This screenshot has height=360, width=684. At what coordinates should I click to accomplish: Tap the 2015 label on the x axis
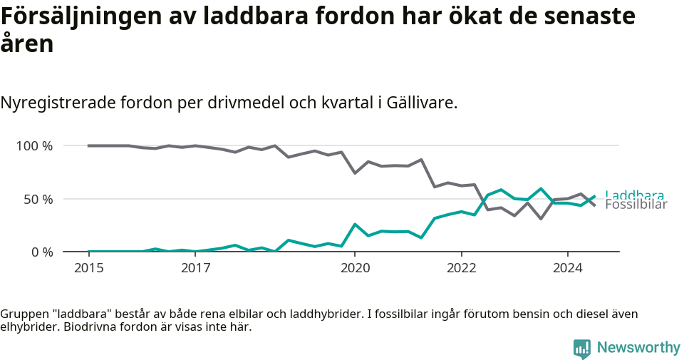click(89, 268)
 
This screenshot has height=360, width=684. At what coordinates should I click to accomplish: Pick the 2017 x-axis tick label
click(195, 268)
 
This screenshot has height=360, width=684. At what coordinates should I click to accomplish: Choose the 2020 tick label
click(355, 268)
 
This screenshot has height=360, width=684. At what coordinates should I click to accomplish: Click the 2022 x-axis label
click(461, 268)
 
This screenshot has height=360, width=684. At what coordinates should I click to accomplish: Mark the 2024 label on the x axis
click(567, 268)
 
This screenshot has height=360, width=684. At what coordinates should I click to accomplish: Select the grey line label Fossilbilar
click(636, 205)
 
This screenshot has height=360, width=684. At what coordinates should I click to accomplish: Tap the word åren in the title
click(27, 44)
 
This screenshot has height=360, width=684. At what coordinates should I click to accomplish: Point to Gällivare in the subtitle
click(420, 103)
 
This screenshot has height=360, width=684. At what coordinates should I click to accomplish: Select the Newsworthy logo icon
click(581, 348)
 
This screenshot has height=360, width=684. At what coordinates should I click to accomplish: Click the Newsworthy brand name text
click(638, 348)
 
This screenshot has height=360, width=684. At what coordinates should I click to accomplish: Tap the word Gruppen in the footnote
click(24, 314)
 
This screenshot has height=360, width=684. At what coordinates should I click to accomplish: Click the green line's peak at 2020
click(355, 225)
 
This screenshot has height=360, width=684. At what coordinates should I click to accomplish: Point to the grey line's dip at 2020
click(355, 173)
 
